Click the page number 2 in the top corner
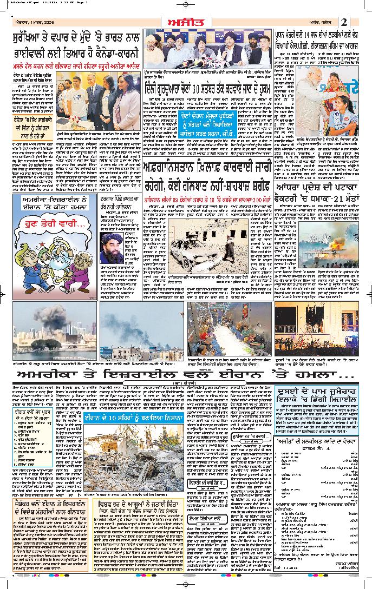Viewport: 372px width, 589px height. click(x=358, y=22)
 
